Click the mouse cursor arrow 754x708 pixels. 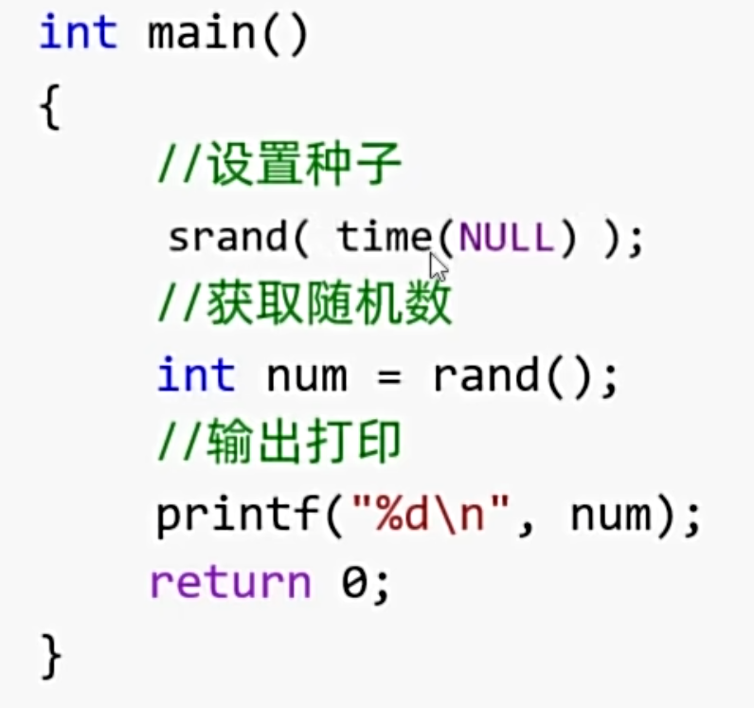pyautogui.click(x=439, y=266)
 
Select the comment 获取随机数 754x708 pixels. pyautogui.click(x=304, y=306)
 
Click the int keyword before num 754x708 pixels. pyautogui.click(x=196, y=375)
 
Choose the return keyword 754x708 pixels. pyautogui.click(x=230, y=583)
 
